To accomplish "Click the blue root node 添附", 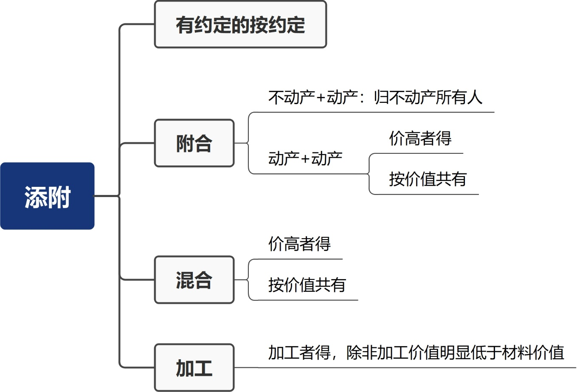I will (47, 196).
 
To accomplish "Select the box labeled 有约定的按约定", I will (240, 24).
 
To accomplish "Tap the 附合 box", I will (194, 143).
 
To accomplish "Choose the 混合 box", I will (194, 280).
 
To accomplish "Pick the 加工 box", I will (194, 368).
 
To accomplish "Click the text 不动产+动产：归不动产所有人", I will (375, 98).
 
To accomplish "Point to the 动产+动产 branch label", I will (305, 158).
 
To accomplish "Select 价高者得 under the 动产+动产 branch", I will (420, 138).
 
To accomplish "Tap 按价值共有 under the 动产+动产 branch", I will (428, 179).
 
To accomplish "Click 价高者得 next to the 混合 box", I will (299, 244).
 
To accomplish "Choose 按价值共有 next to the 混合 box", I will (307, 285).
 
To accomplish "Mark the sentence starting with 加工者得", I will (416, 353).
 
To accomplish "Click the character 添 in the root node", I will (35, 197).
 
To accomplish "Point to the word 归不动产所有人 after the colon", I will (428, 98).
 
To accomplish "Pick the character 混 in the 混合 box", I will (185, 280).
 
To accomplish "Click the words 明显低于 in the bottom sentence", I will (470, 353).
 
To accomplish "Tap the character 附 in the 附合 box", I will (185, 144).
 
